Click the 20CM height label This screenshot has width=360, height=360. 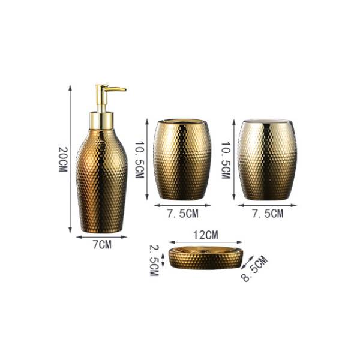pos(62,160)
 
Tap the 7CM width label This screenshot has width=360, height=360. pos(102,245)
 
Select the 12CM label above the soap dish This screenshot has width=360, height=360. pos(205,235)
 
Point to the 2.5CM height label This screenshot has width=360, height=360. pos(154,260)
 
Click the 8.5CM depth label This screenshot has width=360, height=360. pos(254,268)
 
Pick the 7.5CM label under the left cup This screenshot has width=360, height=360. pos(182,214)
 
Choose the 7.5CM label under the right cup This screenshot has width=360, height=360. pos(268,214)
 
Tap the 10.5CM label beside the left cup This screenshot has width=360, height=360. pos(139,160)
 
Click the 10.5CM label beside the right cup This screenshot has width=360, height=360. pos(226,160)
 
